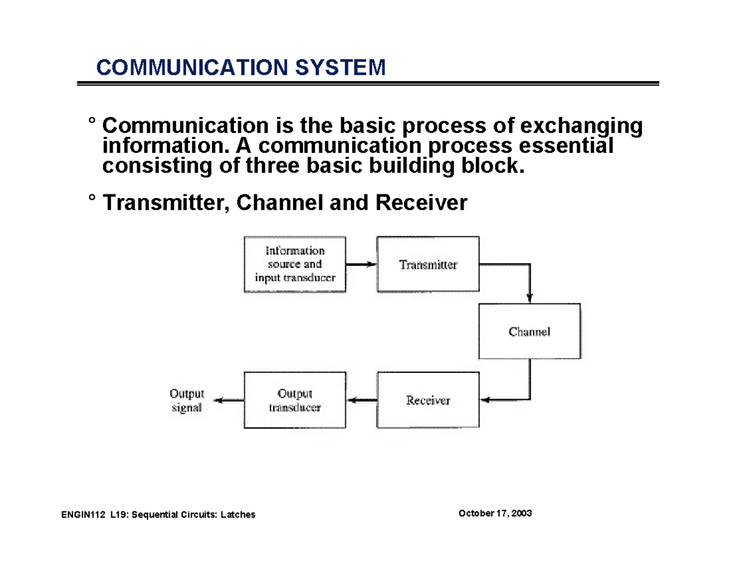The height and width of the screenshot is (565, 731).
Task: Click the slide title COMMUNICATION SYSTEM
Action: pyautogui.click(x=241, y=67)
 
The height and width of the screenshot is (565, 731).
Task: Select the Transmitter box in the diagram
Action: pyautogui.click(x=428, y=265)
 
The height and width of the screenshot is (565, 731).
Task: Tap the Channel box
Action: pyautogui.click(x=529, y=332)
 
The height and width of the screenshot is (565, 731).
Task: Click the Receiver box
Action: pyautogui.click(x=428, y=400)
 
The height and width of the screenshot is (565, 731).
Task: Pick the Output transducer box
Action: pyautogui.click(x=295, y=400)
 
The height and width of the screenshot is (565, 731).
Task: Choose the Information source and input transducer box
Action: pyautogui.click(x=295, y=265)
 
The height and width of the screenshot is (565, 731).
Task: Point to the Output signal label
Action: pyautogui.click(x=188, y=400)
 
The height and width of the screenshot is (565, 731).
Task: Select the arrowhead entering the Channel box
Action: pyautogui.click(x=529, y=298)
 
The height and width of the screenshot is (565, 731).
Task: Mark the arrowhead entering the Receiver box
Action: pyautogui.click(x=486, y=400)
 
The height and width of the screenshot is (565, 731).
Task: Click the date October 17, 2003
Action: pyautogui.click(x=495, y=514)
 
